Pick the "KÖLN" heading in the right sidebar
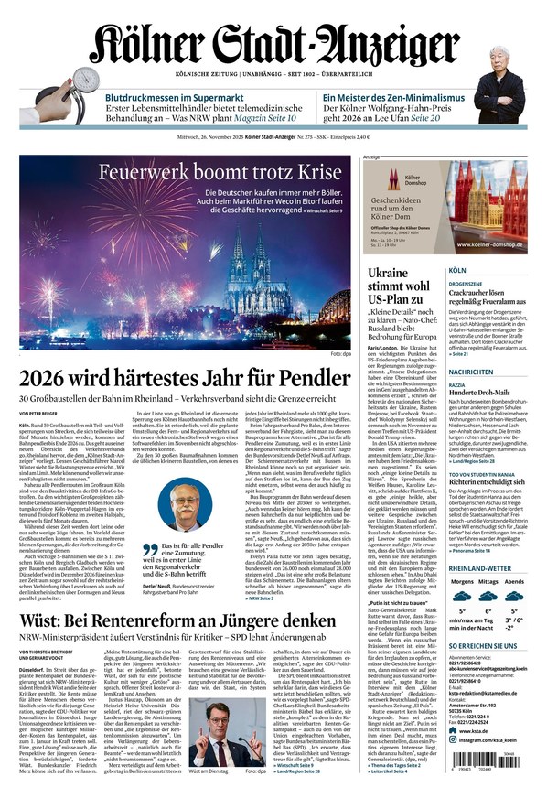point(457,272)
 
